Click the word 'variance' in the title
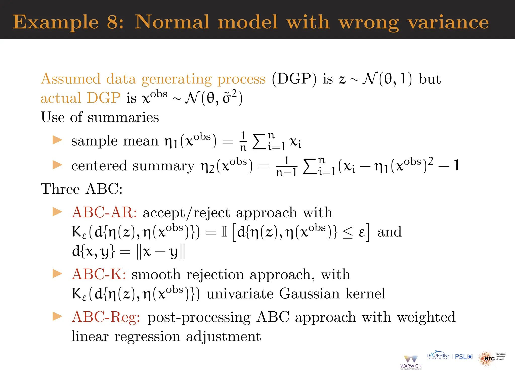(x=448, y=22)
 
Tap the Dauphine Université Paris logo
(x=438, y=356)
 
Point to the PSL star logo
(x=464, y=357)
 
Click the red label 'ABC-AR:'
(x=104, y=213)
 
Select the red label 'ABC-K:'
(x=99, y=274)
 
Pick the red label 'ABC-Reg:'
(x=106, y=317)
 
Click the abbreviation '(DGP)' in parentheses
(x=294, y=79)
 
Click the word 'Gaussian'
(x=309, y=294)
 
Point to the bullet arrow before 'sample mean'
(x=57, y=140)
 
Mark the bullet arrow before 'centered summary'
(x=57, y=165)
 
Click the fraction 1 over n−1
(x=286, y=166)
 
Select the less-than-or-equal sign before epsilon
(x=348, y=232)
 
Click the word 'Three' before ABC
(x=60, y=189)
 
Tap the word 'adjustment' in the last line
(x=223, y=336)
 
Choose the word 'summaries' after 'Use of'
(x=123, y=117)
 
